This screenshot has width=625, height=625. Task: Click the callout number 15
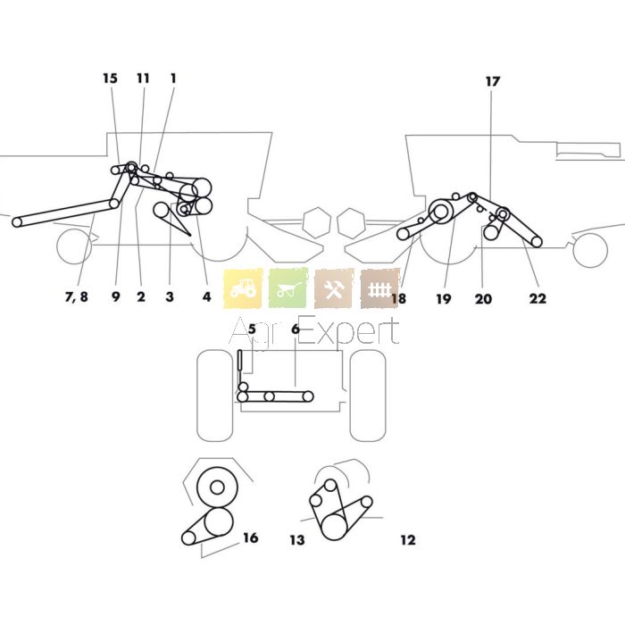[x=110, y=79]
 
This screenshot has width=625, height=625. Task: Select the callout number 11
[x=143, y=79]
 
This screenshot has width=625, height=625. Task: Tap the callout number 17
[x=493, y=81]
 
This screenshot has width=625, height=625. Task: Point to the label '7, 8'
[x=77, y=298]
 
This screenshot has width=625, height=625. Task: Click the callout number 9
[x=115, y=298]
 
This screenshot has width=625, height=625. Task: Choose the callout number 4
[x=206, y=298]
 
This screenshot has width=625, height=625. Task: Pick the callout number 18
[x=398, y=299]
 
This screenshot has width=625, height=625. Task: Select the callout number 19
[x=444, y=299]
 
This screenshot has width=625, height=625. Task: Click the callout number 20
[x=483, y=299]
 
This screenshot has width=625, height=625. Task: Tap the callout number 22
[x=537, y=299]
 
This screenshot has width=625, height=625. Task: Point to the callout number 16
[x=250, y=537]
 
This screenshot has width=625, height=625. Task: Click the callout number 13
[x=296, y=540]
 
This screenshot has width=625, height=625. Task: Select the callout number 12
[x=408, y=540]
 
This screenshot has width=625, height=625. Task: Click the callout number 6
[x=295, y=330]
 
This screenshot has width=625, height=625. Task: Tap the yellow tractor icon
[x=243, y=288]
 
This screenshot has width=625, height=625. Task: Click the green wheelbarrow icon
[x=288, y=288]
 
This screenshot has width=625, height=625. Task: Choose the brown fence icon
[x=380, y=288]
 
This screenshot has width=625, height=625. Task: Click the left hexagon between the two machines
[x=315, y=220]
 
